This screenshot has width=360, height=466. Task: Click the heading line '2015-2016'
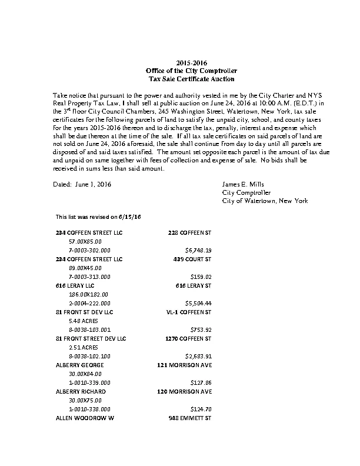coord(192,63)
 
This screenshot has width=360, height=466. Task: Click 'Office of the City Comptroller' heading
coord(192,71)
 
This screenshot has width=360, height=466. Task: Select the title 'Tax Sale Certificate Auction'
coord(192,78)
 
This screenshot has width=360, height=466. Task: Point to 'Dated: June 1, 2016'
coord(82,184)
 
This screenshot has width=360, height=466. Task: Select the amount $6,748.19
coord(198,249)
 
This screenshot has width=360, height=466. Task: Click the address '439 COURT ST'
coord(192,258)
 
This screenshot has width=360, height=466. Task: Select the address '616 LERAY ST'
coord(194,285)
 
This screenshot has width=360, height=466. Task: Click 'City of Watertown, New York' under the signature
coord(264,201)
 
